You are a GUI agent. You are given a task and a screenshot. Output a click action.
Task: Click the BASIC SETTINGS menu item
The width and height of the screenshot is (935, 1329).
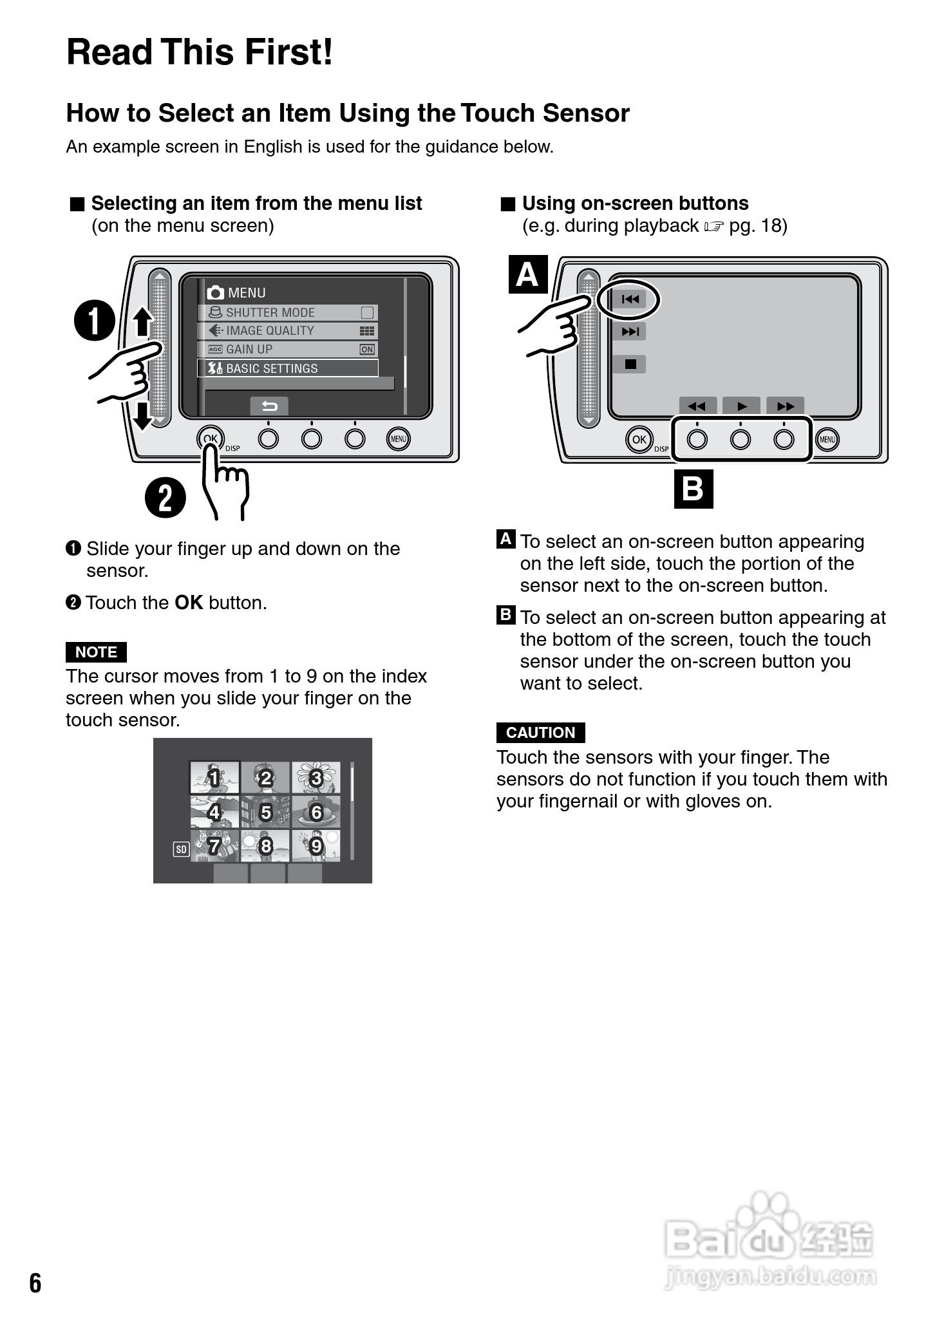(287, 368)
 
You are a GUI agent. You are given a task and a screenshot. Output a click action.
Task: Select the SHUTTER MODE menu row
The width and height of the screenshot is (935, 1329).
(287, 312)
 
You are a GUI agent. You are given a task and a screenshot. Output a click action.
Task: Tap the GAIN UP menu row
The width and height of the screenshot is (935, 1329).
(287, 349)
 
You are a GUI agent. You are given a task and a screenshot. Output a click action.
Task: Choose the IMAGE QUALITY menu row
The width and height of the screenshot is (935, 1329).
(287, 331)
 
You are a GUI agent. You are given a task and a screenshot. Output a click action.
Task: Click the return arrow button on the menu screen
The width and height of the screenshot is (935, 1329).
(269, 406)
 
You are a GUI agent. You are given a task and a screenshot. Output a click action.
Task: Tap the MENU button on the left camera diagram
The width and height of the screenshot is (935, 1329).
(399, 439)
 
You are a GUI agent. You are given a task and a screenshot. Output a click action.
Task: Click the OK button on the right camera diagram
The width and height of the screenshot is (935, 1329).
(639, 440)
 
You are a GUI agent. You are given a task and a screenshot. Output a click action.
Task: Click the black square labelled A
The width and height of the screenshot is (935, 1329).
(528, 275)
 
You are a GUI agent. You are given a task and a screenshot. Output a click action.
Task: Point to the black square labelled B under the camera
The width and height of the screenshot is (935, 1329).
(694, 489)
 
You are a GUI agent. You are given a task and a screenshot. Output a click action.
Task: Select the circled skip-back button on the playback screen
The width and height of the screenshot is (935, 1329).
(630, 299)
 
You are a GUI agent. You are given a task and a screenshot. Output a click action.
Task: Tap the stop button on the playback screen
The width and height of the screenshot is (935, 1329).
(630, 364)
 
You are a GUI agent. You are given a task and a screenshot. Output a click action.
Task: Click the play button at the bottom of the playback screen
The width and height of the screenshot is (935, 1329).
(742, 406)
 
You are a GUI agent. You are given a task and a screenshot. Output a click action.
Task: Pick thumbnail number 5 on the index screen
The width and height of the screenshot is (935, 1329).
(265, 812)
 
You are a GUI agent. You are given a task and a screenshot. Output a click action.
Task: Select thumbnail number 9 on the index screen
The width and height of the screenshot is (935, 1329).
(316, 845)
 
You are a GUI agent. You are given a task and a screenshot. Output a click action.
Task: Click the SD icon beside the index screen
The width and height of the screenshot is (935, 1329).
(181, 850)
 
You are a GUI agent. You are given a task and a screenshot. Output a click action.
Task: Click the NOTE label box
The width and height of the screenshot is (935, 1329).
(96, 652)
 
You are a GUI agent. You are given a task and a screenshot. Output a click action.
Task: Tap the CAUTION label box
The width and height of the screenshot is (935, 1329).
(540, 733)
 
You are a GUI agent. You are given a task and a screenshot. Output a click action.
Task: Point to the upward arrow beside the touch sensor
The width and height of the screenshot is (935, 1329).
(143, 323)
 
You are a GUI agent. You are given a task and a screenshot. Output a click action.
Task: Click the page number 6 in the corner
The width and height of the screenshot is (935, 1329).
(35, 1283)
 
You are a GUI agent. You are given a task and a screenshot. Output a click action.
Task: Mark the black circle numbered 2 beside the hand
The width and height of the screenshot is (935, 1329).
(165, 498)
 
